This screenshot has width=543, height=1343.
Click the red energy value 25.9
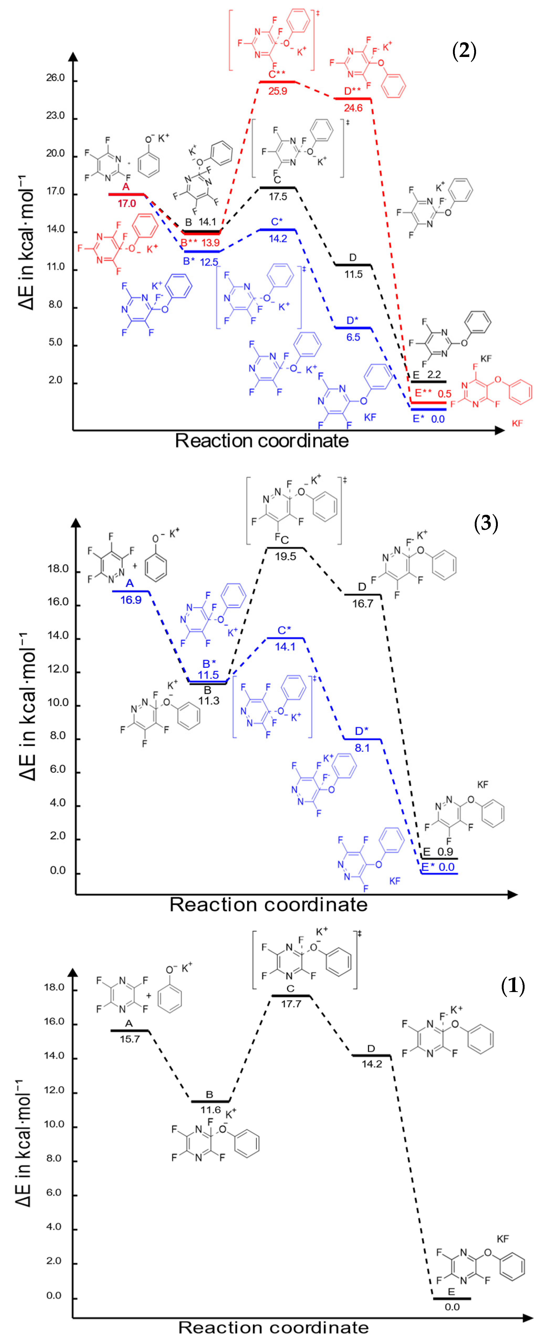pos(278,91)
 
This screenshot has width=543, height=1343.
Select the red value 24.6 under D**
pos(353,108)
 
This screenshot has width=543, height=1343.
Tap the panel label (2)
pos(464,53)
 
